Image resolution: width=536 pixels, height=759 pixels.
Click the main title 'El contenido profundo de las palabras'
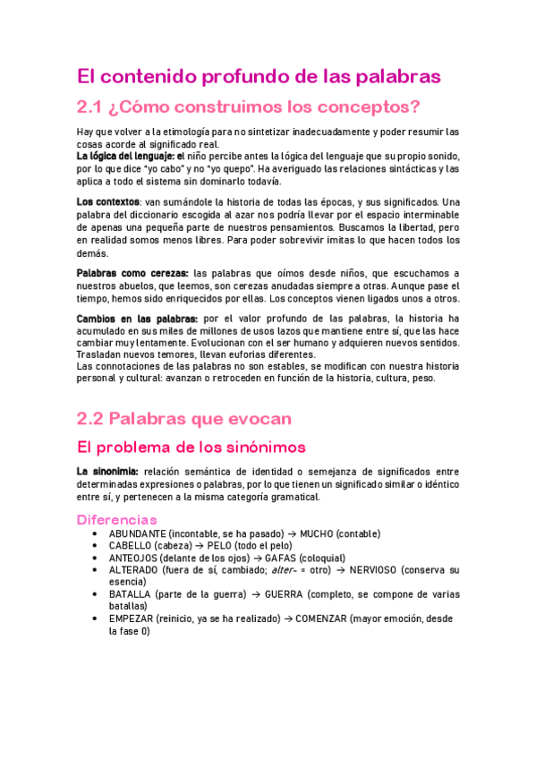pos(259,76)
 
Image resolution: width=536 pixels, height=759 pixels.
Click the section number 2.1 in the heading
pos(89,108)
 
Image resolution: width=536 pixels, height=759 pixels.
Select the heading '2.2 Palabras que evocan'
pos(184,418)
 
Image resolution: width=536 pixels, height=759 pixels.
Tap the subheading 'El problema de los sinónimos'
pos(191,447)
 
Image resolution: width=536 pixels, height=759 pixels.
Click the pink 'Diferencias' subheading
pos(117,519)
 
